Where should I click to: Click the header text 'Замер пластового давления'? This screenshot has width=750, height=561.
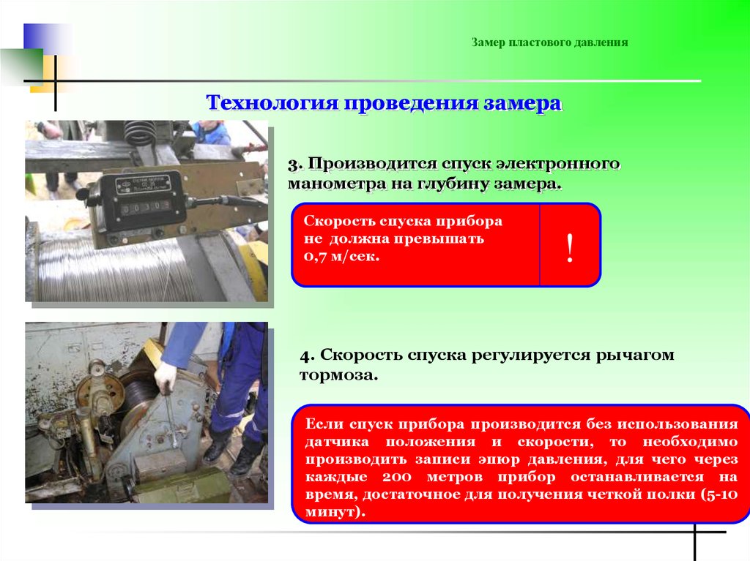[549, 42]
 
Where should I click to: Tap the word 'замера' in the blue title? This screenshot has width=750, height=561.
[522, 103]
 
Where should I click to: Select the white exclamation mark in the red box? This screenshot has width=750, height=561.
[569, 248]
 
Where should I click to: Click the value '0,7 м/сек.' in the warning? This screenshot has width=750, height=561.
[341, 256]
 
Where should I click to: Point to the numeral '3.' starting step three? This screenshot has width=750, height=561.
[296, 165]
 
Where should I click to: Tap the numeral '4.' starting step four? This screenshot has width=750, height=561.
[308, 355]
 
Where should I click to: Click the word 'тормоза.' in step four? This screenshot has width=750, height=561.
[338, 376]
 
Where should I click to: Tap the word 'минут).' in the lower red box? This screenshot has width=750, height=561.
[335, 512]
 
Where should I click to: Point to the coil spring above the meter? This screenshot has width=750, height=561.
[139, 133]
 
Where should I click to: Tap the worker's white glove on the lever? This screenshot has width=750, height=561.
[166, 377]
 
